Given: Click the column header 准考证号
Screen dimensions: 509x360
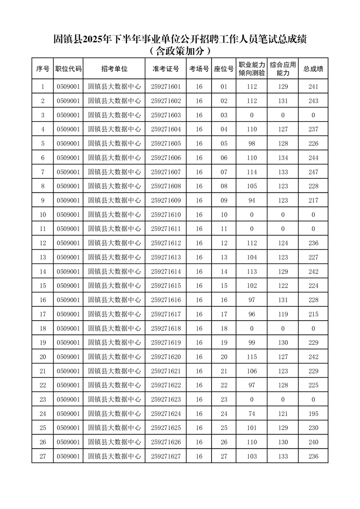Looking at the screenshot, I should pos(166,69).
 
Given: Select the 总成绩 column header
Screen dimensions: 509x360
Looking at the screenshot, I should pos(313,69).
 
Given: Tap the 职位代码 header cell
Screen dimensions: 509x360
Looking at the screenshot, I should pos(68,69).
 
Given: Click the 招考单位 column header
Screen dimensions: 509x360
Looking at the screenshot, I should pos(114,69).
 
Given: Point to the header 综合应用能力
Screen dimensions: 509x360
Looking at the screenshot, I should pos(283,69).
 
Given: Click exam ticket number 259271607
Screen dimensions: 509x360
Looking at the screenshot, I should pos(166,172).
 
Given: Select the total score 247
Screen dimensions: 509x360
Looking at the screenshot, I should pos(313,172).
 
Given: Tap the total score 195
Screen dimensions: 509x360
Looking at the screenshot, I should pos(313,414).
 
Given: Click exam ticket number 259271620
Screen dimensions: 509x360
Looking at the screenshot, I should pos(166,357).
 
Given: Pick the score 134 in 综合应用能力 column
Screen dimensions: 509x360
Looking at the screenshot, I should pos(283,158).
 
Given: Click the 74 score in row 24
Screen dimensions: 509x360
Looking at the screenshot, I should pos(252,414).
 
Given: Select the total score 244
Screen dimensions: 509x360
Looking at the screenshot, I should pos(313,158).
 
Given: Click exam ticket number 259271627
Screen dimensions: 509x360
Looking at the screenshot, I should pos(166,456).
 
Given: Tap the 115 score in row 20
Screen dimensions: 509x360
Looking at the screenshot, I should pos(252,357).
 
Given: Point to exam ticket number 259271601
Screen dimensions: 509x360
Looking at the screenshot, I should pos(166,87).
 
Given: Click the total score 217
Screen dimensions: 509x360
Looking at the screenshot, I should pos(313,201).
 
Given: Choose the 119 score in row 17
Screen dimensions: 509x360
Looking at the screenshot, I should pos(283,314).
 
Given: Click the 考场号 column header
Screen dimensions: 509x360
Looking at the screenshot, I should pos(199,69).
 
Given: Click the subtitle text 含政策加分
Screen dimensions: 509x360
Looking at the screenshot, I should pos(180,50).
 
